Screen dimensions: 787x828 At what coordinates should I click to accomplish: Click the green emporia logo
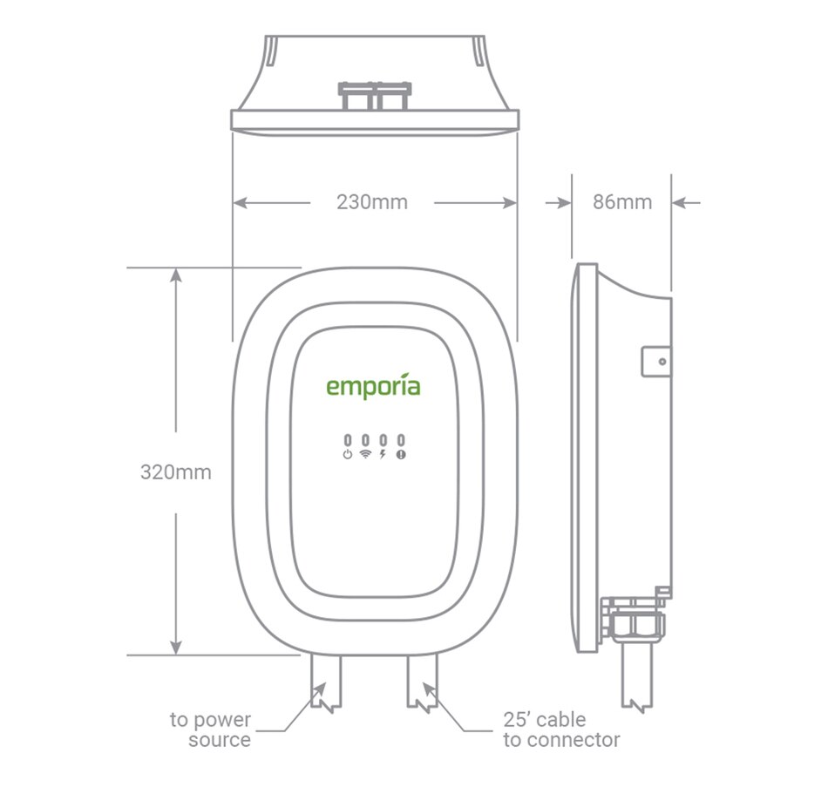pyautogui.click(x=373, y=385)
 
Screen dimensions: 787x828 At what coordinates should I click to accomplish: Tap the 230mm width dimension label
pyautogui.click(x=372, y=202)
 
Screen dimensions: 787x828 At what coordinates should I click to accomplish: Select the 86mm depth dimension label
pyautogui.click(x=622, y=202)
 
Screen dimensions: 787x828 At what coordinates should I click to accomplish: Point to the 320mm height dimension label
pyautogui.click(x=175, y=472)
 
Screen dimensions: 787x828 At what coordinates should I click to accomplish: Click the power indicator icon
pyautogui.click(x=348, y=455)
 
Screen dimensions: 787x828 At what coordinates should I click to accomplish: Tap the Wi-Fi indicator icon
pyautogui.click(x=365, y=455)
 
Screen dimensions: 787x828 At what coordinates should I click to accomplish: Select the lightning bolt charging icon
pyautogui.click(x=383, y=455)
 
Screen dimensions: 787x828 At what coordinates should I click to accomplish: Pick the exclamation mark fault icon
pyautogui.click(x=401, y=455)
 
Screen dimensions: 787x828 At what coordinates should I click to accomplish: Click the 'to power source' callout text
pyautogui.click(x=210, y=730)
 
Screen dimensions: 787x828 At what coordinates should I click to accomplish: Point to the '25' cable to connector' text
pyautogui.click(x=561, y=730)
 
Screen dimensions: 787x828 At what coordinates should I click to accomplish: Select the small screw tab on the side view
pyautogui.click(x=656, y=361)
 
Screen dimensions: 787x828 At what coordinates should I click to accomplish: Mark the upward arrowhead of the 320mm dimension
pyautogui.click(x=176, y=275)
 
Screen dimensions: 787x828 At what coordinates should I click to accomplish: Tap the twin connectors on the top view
pyautogui.click(x=374, y=95)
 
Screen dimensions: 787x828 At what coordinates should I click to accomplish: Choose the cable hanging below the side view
pyautogui.click(x=636, y=680)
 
